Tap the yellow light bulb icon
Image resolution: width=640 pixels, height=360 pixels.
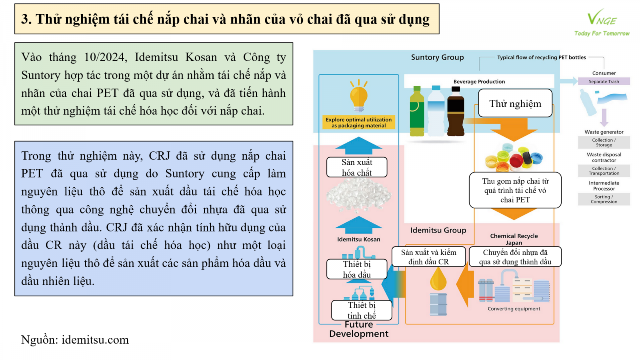[359, 96]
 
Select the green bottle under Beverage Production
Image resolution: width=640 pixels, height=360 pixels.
[417, 112]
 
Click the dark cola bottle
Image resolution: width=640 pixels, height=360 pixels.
[456, 112]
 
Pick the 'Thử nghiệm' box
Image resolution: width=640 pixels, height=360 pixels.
[515, 104]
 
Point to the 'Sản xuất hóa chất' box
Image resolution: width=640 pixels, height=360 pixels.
[357, 167]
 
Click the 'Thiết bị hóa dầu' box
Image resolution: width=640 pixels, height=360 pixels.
[357, 269]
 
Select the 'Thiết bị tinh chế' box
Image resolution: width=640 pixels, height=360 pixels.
[362, 310]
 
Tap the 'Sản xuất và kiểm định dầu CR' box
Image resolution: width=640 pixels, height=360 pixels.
[429, 257]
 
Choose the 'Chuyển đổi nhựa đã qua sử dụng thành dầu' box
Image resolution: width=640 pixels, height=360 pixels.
[515, 257]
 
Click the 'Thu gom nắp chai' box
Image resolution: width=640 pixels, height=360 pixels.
[515, 190]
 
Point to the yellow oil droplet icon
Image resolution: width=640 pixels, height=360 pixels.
[438, 279]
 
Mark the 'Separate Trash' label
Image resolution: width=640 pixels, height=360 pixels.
[604, 82]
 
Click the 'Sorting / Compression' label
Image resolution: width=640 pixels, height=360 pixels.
[604, 199]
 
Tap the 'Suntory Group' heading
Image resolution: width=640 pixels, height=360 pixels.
[437, 58]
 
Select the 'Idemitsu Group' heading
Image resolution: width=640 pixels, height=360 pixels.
[438, 230]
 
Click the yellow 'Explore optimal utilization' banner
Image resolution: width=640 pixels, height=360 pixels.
[359, 122]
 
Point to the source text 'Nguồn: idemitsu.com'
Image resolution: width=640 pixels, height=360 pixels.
[75, 340]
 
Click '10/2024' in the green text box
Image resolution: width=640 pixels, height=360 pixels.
[105, 58]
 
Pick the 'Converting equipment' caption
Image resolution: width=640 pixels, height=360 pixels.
[514, 309]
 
